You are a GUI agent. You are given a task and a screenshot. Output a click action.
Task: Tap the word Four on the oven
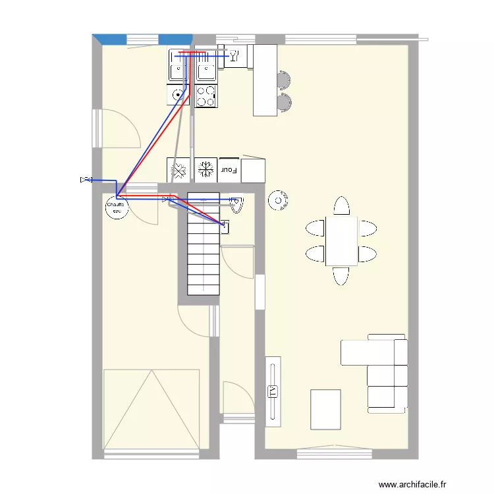(229, 170)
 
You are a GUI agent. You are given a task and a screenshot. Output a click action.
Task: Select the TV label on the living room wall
(273, 391)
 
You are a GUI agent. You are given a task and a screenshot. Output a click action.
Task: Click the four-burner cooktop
(206, 96)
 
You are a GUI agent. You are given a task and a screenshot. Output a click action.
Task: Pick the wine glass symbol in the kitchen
(234, 55)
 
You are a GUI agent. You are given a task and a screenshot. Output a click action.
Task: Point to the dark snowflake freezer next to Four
(206, 169)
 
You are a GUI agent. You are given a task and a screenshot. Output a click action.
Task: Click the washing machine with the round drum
(178, 95)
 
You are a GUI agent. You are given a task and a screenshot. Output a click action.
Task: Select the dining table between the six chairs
(341, 240)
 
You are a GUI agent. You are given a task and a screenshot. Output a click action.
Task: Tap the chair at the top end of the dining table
(341, 206)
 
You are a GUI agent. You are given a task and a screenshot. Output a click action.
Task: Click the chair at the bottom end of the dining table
(341, 275)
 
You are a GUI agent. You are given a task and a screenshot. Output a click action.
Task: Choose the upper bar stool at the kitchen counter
(284, 80)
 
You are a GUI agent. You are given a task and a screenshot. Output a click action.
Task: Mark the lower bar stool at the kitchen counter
(284, 102)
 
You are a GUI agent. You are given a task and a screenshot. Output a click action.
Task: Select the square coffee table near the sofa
(325, 409)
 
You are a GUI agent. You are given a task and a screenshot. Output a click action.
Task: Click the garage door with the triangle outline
(151, 409)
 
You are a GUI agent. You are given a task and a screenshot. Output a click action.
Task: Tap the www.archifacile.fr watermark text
(413, 484)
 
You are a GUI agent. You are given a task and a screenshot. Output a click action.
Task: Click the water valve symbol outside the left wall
(85, 179)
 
